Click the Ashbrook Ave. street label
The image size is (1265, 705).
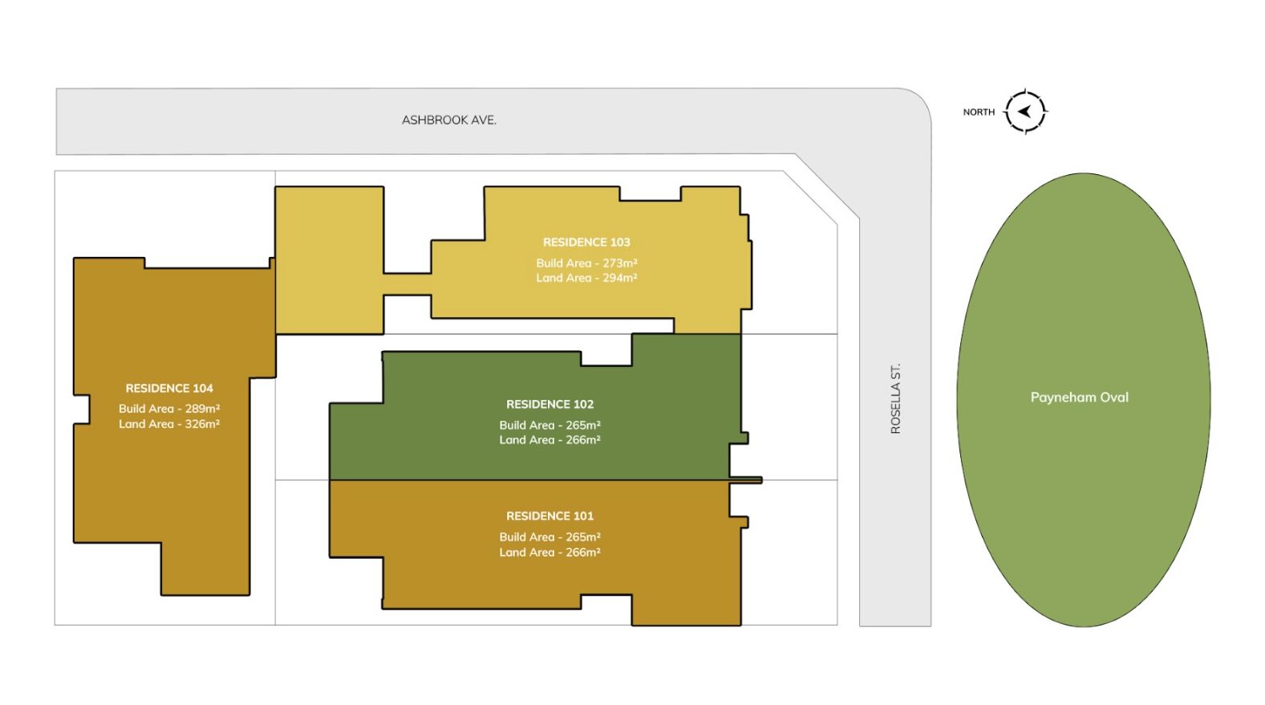click(x=449, y=120)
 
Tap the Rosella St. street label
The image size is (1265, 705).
click(x=895, y=398)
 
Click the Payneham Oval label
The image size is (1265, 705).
click(x=1079, y=397)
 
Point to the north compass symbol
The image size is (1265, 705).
click(x=1025, y=112)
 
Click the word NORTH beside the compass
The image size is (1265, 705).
click(x=979, y=112)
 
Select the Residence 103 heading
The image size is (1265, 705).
click(x=586, y=242)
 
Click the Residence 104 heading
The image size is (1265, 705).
click(x=169, y=389)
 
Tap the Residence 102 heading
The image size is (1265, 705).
click(x=549, y=404)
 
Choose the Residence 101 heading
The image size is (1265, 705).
click(x=549, y=516)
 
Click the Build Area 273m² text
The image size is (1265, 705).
click(x=586, y=263)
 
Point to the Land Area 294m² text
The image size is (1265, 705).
click(x=586, y=278)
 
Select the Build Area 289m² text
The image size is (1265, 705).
click(x=169, y=409)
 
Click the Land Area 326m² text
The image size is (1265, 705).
click(x=169, y=424)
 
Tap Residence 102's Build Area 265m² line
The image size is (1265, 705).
click(x=549, y=425)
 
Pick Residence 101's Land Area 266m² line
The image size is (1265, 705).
click(x=549, y=552)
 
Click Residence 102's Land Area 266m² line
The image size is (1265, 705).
click(x=549, y=440)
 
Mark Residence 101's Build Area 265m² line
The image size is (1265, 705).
click(x=549, y=537)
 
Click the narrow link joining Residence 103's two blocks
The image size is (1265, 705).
click(x=407, y=283)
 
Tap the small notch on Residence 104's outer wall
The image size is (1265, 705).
click(x=82, y=409)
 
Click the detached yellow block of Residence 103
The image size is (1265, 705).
click(x=329, y=260)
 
